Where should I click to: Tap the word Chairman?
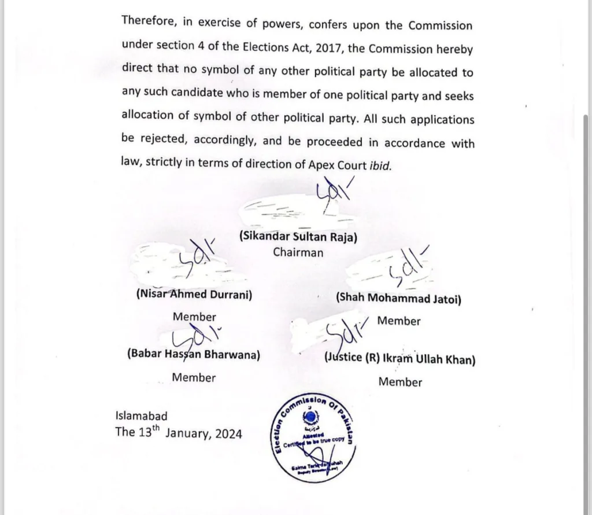(298, 252)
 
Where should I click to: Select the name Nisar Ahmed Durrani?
(194, 294)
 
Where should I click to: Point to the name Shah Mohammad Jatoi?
(398, 299)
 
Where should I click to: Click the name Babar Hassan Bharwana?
(193, 355)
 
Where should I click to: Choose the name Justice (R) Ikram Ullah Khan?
(400, 359)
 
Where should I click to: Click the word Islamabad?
(142, 415)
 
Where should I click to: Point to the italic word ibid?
(380, 165)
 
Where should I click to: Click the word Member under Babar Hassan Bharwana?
(194, 378)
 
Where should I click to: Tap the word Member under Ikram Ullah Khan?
(400, 382)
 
